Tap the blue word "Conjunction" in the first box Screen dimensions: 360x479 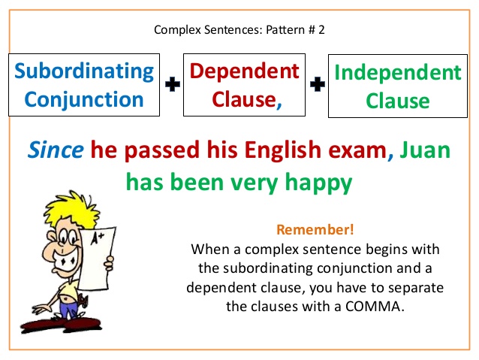point(79,99)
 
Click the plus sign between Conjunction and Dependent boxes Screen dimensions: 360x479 point(173,86)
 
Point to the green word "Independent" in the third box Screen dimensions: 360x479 point(398,73)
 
